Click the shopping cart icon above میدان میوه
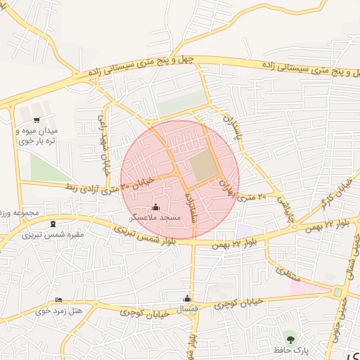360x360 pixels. [37, 120]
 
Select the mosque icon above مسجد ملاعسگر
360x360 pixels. [155, 207]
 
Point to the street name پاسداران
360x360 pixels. [232, 127]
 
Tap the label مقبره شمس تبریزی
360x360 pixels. [53, 235]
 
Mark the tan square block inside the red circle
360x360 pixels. [205, 166]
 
